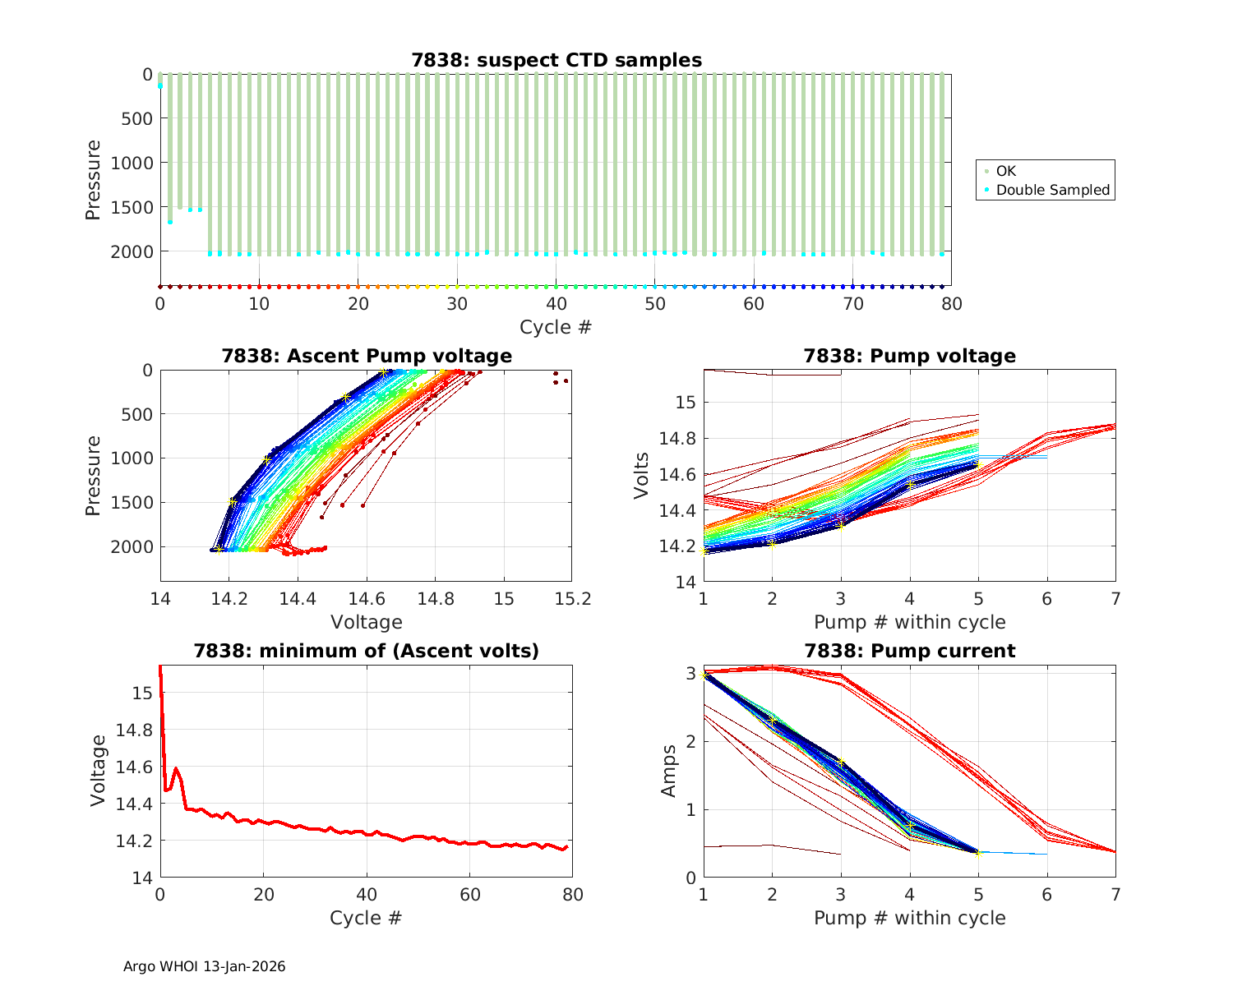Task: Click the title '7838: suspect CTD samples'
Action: pyautogui.click(x=556, y=60)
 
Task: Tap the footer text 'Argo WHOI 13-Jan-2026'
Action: pyautogui.click(x=204, y=966)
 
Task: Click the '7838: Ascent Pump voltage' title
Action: pyautogui.click(x=367, y=356)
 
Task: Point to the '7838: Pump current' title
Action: pyautogui.click(x=910, y=651)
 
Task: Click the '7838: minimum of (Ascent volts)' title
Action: pyautogui.click(x=367, y=651)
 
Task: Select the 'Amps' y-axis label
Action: pyautogui.click(x=670, y=771)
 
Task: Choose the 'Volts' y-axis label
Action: pyautogui.click(x=642, y=477)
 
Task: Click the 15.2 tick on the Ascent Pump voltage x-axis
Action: pyautogui.click(x=573, y=599)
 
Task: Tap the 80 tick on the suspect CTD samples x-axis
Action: pyautogui.click(x=952, y=304)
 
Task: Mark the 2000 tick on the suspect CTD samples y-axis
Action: pyautogui.click(x=132, y=251)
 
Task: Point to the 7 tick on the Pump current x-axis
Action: pyautogui.click(x=1115, y=894)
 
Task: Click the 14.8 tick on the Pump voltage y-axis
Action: pyautogui.click(x=676, y=439)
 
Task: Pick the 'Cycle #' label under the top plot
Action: pyautogui.click(x=556, y=327)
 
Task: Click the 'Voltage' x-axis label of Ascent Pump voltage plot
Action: pyautogui.click(x=367, y=622)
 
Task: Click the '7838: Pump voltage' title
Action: pyautogui.click(x=910, y=356)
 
